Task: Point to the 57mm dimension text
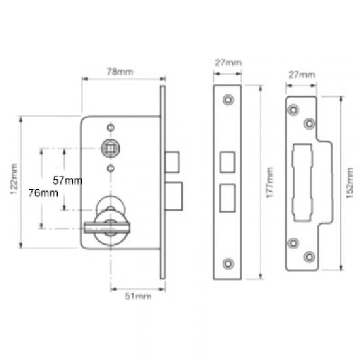(67, 179)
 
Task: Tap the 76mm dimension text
(43, 193)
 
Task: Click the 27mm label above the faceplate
(228, 63)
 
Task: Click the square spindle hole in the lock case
(109, 149)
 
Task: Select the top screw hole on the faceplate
(228, 100)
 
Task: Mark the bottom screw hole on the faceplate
(228, 264)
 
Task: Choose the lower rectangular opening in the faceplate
(228, 196)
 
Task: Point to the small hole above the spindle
(109, 126)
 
